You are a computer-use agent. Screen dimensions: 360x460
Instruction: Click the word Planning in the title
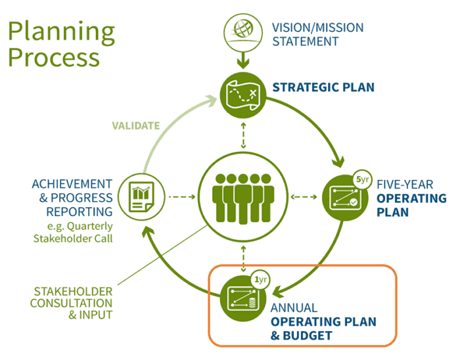[x=61, y=31]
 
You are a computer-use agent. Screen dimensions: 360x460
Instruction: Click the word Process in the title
[x=54, y=57]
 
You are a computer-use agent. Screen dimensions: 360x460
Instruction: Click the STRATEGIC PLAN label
[x=323, y=87]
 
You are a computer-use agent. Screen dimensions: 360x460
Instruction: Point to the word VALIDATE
[x=135, y=125]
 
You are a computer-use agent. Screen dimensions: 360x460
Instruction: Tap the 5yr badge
[x=361, y=179]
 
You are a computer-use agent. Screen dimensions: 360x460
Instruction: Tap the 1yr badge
[x=261, y=280]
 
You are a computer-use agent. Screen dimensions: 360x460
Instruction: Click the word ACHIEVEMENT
[x=72, y=184]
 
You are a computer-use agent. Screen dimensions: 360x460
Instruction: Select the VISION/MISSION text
[x=317, y=28]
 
